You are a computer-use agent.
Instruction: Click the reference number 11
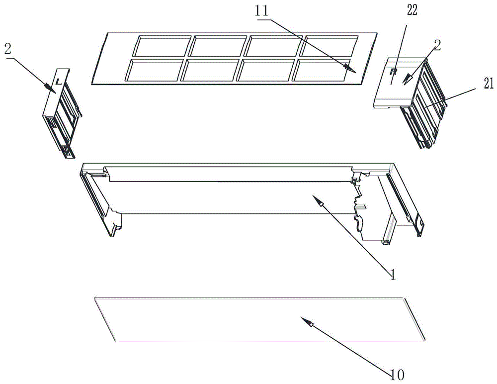[x=261, y=11]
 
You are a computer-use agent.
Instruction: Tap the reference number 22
[x=412, y=10]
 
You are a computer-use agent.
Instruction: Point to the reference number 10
[x=397, y=375]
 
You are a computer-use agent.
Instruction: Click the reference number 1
[x=393, y=275]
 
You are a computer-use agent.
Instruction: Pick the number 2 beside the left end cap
[x=8, y=49]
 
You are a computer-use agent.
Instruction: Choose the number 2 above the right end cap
[x=437, y=46]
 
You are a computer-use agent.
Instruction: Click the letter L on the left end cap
[x=58, y=82]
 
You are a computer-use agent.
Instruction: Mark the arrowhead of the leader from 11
[x=350, y=68]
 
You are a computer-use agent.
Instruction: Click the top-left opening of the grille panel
[x=163, y=46]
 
